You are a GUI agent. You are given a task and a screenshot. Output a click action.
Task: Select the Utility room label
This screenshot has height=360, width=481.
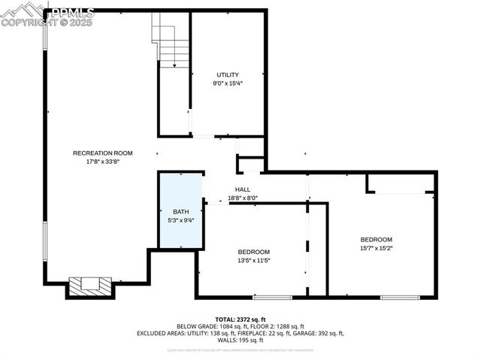click(x=228, y=74)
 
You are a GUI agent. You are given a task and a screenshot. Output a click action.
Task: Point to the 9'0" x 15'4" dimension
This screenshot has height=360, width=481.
click(x=228, y=83)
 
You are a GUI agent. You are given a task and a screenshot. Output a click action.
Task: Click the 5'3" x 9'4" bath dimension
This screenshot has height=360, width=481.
click(x=180, y=220)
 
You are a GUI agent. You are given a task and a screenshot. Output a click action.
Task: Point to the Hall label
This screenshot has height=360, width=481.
click(x=243, y=189)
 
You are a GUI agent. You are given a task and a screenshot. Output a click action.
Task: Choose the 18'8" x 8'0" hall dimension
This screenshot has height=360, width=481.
click(x=243, y=198)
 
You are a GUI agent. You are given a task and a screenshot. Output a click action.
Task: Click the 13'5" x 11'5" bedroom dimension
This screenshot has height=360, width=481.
click(x=253, y=261)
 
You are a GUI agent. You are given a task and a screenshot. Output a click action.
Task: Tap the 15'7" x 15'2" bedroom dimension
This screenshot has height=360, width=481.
click(x=376, y=248)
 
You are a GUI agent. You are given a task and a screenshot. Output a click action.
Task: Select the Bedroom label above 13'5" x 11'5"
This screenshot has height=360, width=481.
click(x=253, y=252)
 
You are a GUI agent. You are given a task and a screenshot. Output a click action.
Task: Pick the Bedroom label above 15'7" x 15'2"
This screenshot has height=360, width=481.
click(x=376, y=239)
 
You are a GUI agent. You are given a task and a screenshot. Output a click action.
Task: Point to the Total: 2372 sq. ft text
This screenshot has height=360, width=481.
click(x=240, y=319)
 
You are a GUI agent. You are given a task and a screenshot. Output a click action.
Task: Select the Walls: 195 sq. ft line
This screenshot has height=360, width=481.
click(x=240, y=340)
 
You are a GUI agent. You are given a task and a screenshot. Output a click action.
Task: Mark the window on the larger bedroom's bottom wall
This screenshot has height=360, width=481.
click(x=400, y=297)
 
